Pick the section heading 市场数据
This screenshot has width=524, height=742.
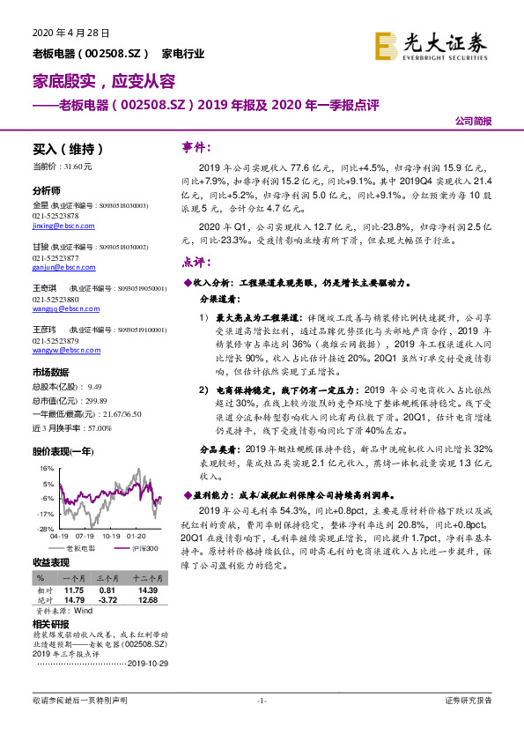pos(54,372)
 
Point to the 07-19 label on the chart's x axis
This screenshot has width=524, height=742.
pos(85,535)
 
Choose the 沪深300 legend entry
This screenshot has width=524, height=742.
pos(145,548)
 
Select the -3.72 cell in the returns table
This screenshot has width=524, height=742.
pos(108,599)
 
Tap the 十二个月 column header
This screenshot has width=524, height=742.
pos(145,577)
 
